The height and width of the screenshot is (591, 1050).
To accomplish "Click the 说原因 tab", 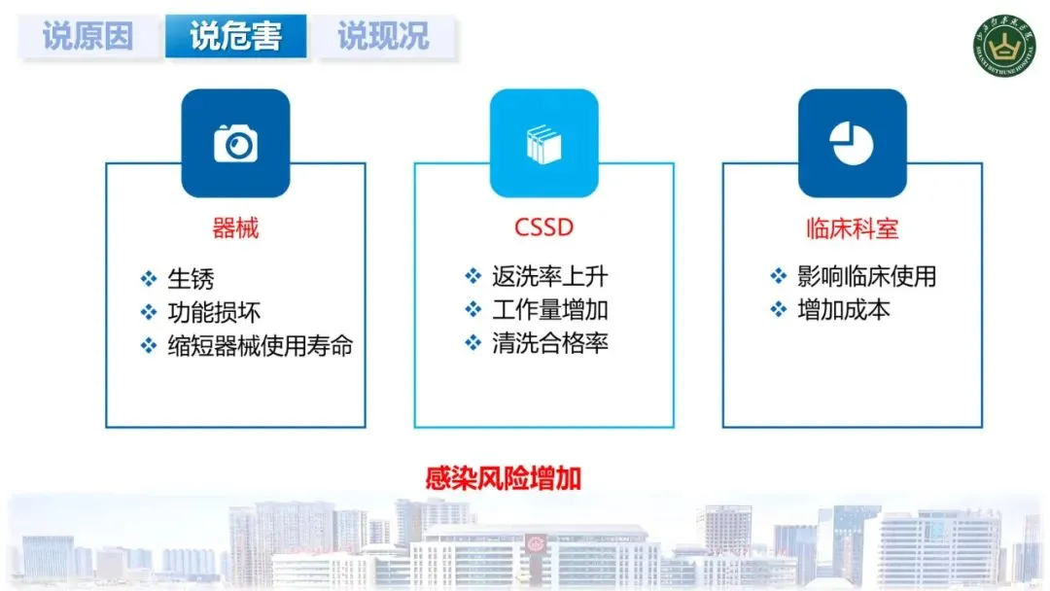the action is [x=87, y=37].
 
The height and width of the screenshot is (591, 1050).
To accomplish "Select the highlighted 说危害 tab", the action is [x=235, y=37].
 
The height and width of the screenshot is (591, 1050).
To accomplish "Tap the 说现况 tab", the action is [x=383, y=37].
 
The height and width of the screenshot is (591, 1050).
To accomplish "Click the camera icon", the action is [x=235, y=144].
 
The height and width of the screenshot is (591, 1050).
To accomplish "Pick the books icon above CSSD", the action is [x=543, y=144].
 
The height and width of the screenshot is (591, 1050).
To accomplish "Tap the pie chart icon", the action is [x=852, y=144].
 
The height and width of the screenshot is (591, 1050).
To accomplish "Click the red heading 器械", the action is [x=235, y=228].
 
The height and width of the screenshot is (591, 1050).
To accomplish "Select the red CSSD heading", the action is [x=543, y=228].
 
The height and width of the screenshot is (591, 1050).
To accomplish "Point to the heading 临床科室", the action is [x=852, y=228].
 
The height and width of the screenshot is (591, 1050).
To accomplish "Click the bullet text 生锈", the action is [x=191, y=280].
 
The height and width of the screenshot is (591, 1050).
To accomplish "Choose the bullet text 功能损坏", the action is [x=214, y=313].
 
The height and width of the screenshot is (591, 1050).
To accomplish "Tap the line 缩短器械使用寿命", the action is [x=260, y=346].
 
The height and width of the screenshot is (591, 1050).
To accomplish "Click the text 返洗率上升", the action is [x=549, y=277].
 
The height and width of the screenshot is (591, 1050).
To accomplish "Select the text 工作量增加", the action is [x=549, y=310].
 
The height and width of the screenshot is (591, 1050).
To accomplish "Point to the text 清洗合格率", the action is [x=549, y=343].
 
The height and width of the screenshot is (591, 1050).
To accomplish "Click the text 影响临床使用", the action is [x=866, y=277].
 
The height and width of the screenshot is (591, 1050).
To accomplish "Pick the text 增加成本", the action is [x=843, y=310].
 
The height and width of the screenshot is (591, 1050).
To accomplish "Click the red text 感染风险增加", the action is [x=503, y=479].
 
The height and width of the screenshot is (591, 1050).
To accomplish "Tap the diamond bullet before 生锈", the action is [x=149, y=280].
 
